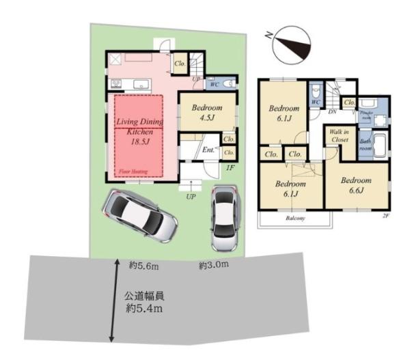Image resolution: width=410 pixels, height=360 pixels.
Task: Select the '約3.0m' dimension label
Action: (x=213, y=265)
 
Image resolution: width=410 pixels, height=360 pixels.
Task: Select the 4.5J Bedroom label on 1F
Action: (x=207, y=111)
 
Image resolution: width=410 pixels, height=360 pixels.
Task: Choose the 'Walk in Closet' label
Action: (x=339, y=135)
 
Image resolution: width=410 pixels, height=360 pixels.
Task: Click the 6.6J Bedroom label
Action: (x=356, y=184)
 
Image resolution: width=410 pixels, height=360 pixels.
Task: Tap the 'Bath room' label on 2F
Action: (x=366, y=146)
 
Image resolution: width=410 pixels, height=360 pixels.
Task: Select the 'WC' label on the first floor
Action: (x=214, y=85)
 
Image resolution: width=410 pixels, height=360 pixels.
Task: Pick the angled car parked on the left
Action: (x=140, y=214)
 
